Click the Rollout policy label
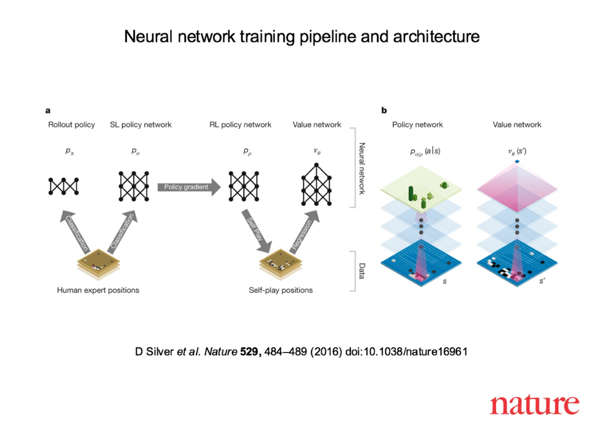tap(71, 125)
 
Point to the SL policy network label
tap(141, 125)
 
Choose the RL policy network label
tap(240, 125)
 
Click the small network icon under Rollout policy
tap(63, 186)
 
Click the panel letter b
tap(384, 111)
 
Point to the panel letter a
tap(48, 111)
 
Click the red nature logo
tap(534, 404)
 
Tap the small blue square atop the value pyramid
tap(516, 161)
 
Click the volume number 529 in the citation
tap(249, 352)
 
